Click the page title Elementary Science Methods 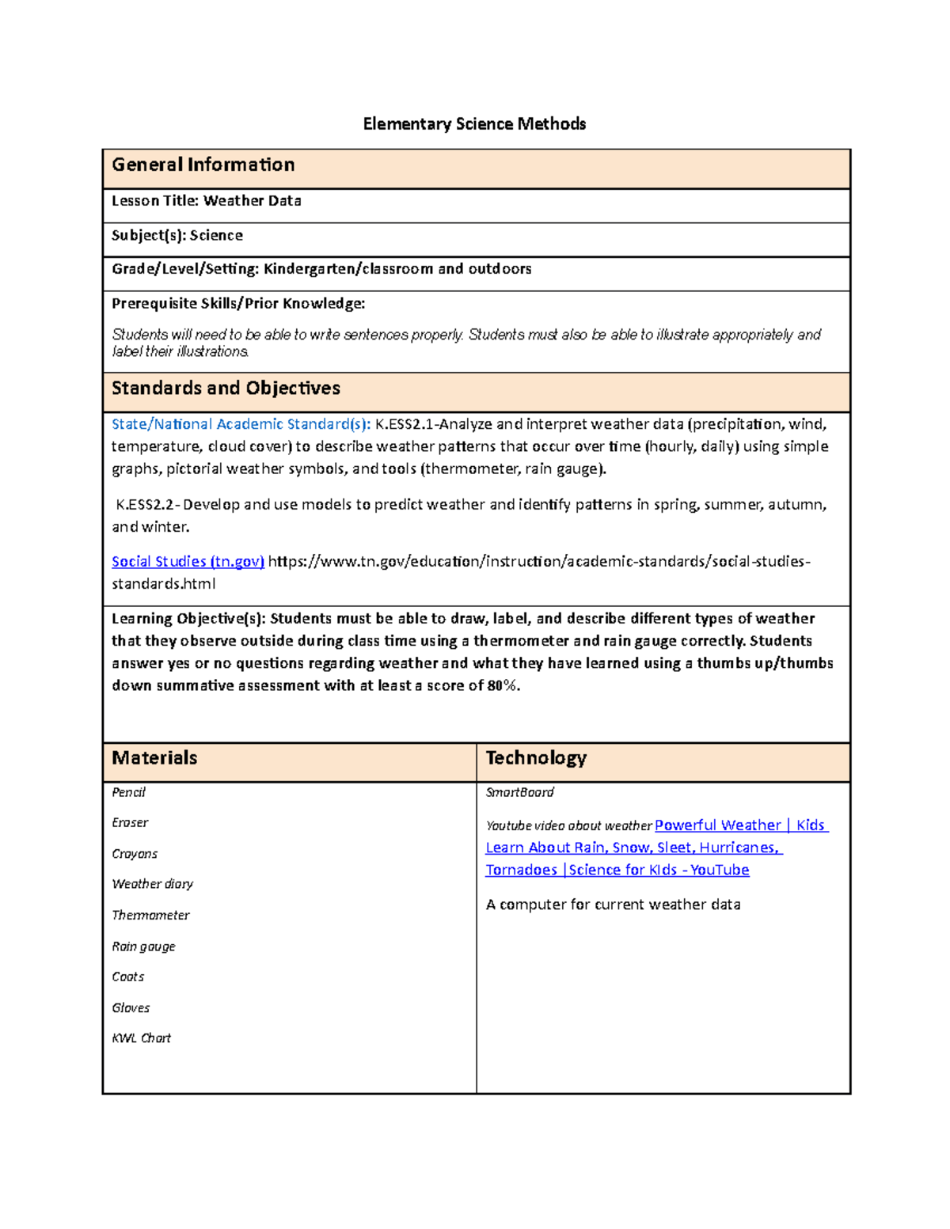point(474,124)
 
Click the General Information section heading point(203,165)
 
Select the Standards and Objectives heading point(226,389)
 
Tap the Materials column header point(154,758)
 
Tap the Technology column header point(536,758)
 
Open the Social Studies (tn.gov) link point(188,562)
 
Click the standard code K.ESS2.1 point(404,424)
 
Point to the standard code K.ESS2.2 point(147,505)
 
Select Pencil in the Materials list point(128,792)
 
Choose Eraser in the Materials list point(130,823)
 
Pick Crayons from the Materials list point(135,854)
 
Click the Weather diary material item point(152,884)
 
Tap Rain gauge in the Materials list point(143,946)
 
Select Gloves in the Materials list point(131,1008)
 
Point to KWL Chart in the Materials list point(141,1038)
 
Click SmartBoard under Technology point(519,792)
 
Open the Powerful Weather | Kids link point(740,825)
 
